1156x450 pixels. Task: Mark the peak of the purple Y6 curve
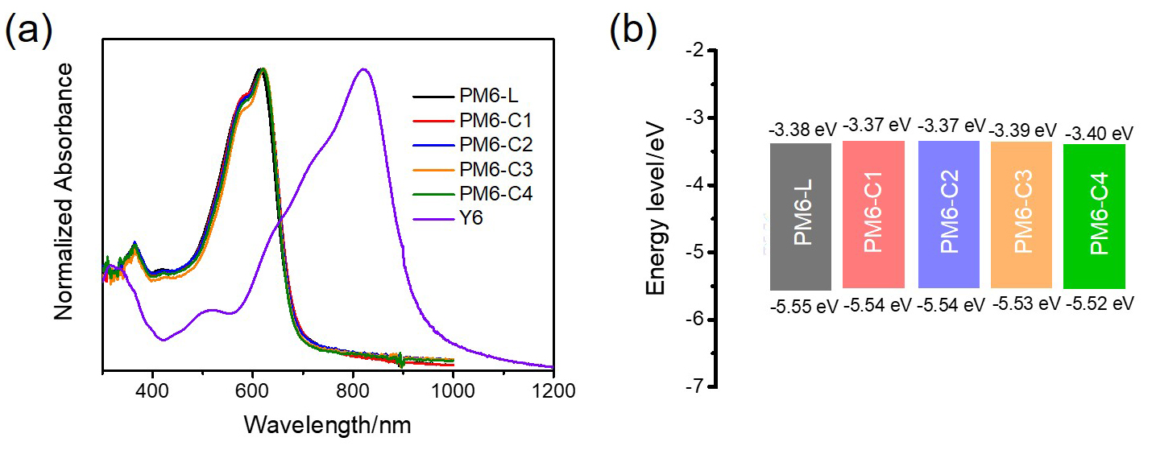[363, 69]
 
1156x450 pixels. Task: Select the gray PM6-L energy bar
[800, 217]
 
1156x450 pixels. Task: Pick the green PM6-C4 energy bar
[1094, 217]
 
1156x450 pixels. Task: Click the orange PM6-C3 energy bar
[1021, 215]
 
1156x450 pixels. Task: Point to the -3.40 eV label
[1100, 132]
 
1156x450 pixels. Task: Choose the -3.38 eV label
[799, 129]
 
